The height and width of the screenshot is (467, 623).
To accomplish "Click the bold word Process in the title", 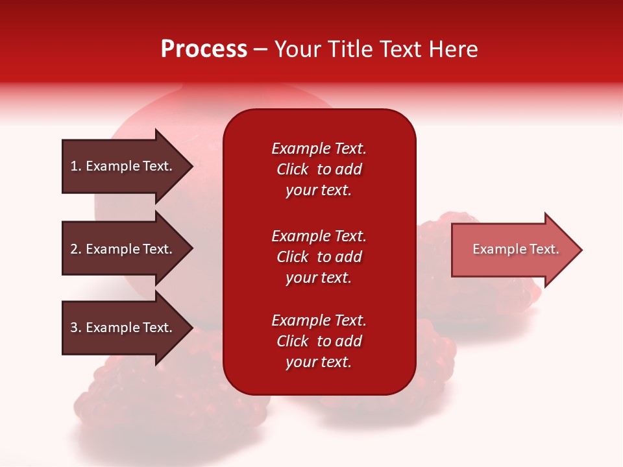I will point(204,49).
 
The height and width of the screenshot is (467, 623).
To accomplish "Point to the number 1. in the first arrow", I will point(76,166).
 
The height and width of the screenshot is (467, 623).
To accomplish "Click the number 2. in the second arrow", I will point(76,249).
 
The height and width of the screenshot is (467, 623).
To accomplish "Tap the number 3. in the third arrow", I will point(76,328).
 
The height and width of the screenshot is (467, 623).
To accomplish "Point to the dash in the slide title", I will point(260,50).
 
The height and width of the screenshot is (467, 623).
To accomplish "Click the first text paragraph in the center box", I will point(319,169).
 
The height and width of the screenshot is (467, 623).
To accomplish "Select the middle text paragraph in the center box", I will point(319,257).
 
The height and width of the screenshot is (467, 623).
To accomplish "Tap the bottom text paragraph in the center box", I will point(319,341).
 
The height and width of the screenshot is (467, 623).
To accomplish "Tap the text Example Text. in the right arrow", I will point(516,249).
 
